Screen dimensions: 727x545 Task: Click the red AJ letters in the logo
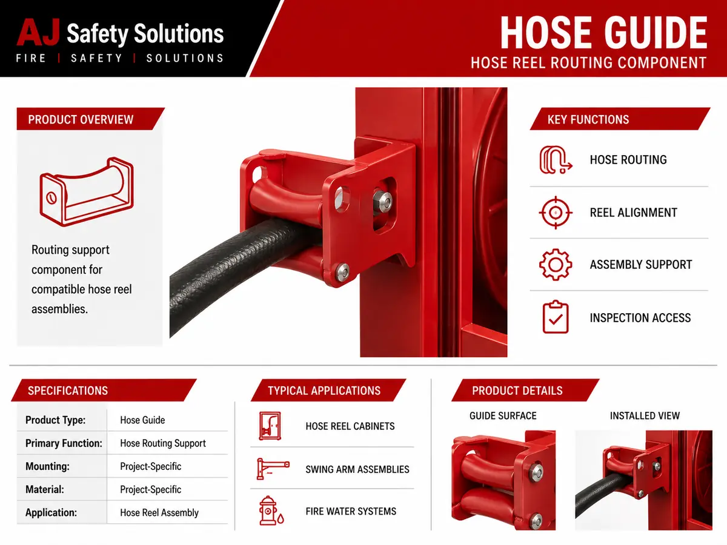click(x=38, y=32)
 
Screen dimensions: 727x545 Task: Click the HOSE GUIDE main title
click(x=603, y=33)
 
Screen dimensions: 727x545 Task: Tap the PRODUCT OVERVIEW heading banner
click(x=90, y=119)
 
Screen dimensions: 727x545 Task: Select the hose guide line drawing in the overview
click(x=87, y=191)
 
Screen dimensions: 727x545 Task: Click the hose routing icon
click(x=556, y=160)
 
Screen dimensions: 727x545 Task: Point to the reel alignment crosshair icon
click(x=556, y=213)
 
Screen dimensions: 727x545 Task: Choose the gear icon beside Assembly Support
click(x=556, y=265)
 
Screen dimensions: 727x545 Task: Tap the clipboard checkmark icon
click(x=556, y=317)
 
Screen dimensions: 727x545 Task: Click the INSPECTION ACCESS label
click(x=640, y=318)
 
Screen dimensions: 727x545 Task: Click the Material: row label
click(x=45, y=489)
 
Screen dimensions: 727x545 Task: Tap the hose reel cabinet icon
click(x=270, y=426)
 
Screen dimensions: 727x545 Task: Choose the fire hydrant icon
click(x=271, y=510)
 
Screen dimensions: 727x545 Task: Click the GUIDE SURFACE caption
click(x=503, y=415)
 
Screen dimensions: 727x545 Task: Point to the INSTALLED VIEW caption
click(x=645, y=415)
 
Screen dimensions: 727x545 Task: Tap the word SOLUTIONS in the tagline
click(x=185, y=58)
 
